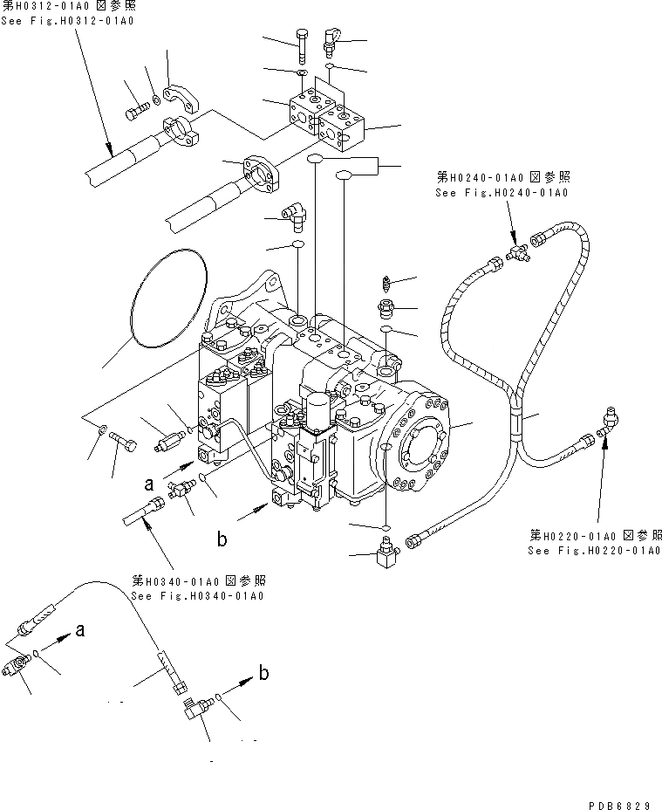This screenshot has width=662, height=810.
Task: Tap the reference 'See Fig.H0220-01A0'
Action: [594, 551]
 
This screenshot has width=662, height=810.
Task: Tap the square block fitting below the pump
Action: [384, 555]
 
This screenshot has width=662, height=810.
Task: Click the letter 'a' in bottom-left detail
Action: [80, 629]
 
